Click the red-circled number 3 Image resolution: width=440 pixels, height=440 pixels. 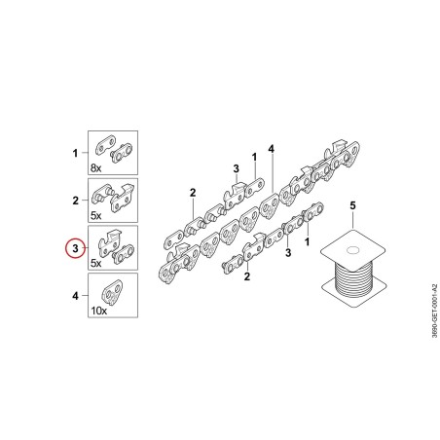[x=75, y=248]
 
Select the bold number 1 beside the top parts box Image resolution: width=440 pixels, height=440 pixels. [x=75, y=153]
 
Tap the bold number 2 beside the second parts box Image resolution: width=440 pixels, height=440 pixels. [x=75, y=201]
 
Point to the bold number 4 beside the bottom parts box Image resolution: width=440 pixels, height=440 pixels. [x=75, y=296]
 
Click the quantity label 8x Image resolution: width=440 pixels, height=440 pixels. [x=95, y=168]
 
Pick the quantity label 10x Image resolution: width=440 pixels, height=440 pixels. [x=98, y=311]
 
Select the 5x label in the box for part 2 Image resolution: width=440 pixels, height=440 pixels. [x=95, y=215]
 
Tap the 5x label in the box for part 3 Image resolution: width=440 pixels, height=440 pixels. [x=95, y=263]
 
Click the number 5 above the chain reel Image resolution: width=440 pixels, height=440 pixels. [x=352, y=205]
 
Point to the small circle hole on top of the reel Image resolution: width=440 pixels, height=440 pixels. [x=352, y=250]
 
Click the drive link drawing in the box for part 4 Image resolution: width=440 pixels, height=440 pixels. [x=113, y=293]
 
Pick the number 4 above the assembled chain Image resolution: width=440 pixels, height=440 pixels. [x=272, y=149]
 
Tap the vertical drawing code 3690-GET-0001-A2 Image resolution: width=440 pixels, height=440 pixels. [x=434, y=311]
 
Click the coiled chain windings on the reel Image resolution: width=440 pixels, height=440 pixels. [x=353, y=278]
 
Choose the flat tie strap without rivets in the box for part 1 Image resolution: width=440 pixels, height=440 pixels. [x=106, y=145]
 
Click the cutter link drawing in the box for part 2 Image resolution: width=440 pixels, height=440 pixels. [x=123, y=198]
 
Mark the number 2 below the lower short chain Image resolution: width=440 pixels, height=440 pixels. [x=247, y=276]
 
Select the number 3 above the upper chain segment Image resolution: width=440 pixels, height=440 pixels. [x=236, y=168]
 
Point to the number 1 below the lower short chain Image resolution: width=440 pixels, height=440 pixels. [x=307, y=241]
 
